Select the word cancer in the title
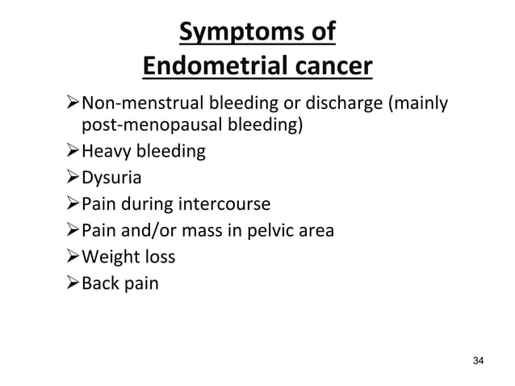[329, 66]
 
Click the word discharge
[340, 104]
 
